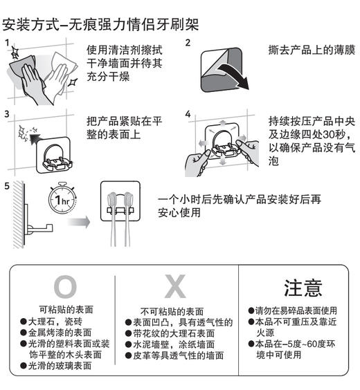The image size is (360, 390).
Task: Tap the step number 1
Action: [7, 44]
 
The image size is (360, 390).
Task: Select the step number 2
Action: [188, 44]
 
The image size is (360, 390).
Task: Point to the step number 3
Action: [7, 113]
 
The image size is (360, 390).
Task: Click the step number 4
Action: [188, 113]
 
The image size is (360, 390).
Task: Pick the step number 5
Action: [7, 186]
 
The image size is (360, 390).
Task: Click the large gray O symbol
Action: [66, 286]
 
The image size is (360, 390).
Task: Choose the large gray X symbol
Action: [177, 286]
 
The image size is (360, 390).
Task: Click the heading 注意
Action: [303, 287]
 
